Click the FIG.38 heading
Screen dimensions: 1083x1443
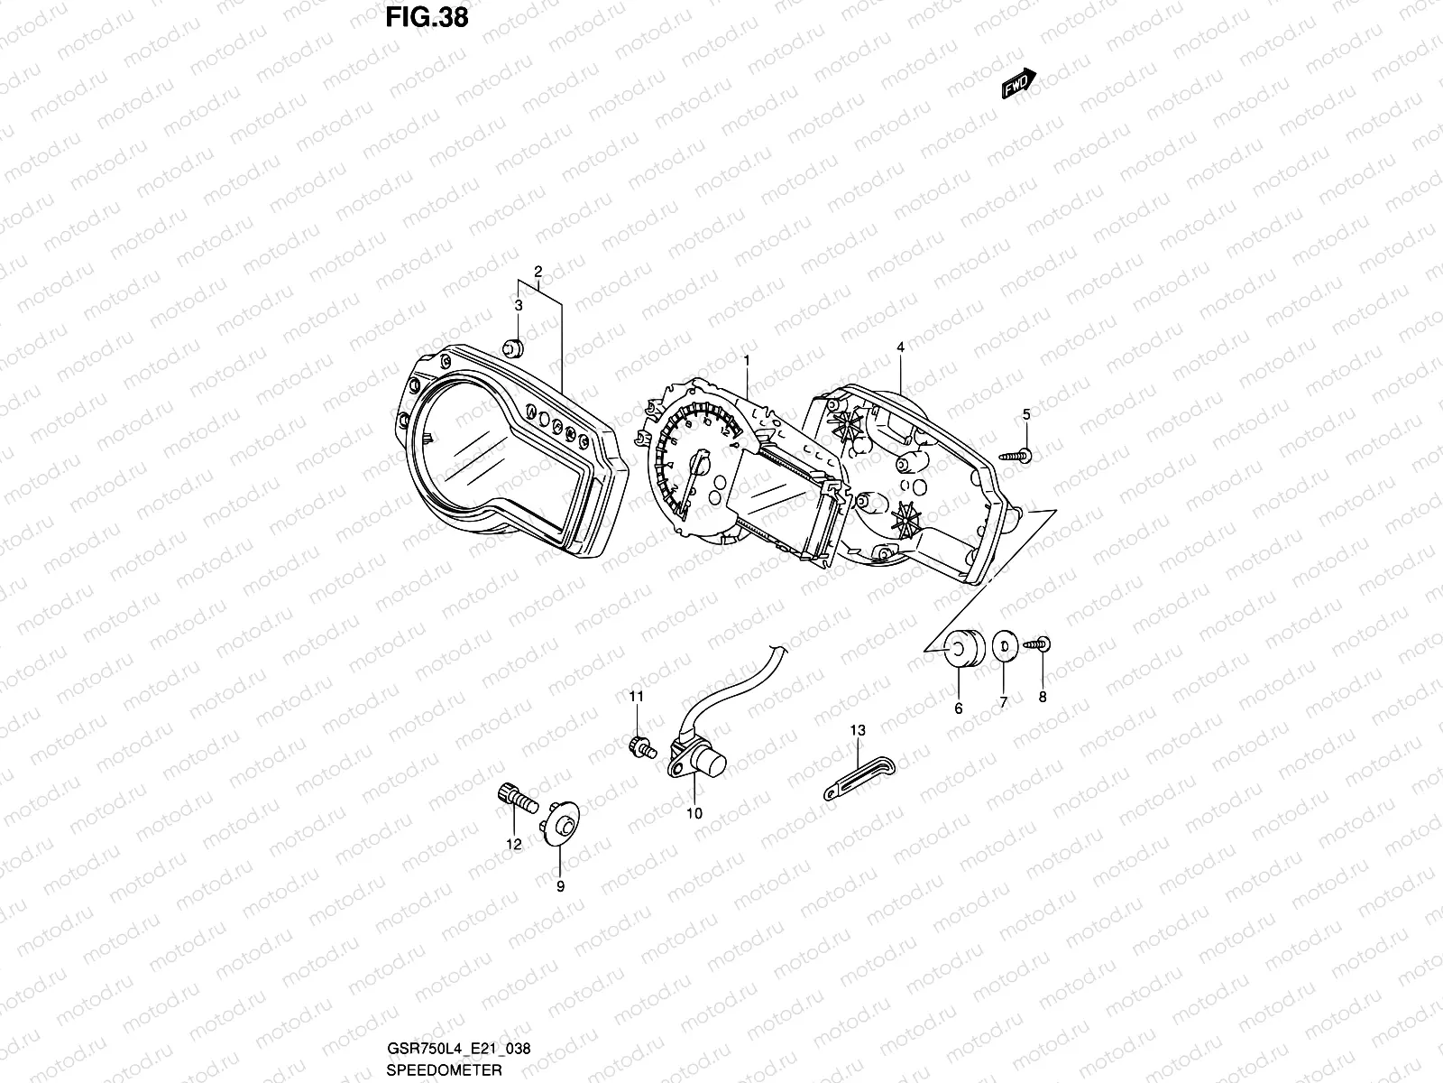click(x=427, y=17)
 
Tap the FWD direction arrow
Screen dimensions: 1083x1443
click(x=1019, y=84)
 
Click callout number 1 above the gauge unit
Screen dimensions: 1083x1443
click(x=747, y=361)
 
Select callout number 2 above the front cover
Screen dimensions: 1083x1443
click(x=538, y=272)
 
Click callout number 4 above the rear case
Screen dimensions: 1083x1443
click(x=900, y=347)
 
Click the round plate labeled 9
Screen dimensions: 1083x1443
click(x=563, y=826)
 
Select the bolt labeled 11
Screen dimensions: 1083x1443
click(x=639, y=748)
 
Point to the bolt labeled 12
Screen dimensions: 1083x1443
click(x=514, y=797)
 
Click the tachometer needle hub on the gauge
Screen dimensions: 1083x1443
click(x=697, y=465)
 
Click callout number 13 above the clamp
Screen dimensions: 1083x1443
click(x=857, y=729)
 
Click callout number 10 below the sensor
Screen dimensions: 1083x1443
click(x=694, y=813)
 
